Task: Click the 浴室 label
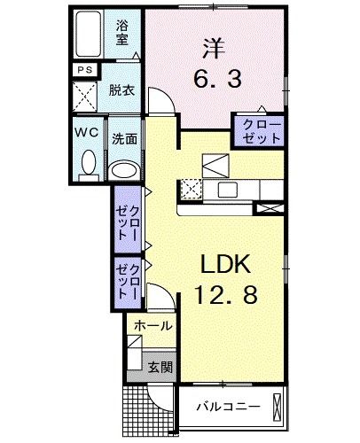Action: point(121,32)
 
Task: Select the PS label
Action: point(85,71)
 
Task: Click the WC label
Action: point(86,133)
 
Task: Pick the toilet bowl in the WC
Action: point(88,163)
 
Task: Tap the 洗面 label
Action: point(124,139)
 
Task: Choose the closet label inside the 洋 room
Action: point(258,130)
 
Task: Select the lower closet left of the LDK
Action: point(128,279)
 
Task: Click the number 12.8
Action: point(226,295)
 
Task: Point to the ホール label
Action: point(153,327)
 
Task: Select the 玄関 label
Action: point(159,366)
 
